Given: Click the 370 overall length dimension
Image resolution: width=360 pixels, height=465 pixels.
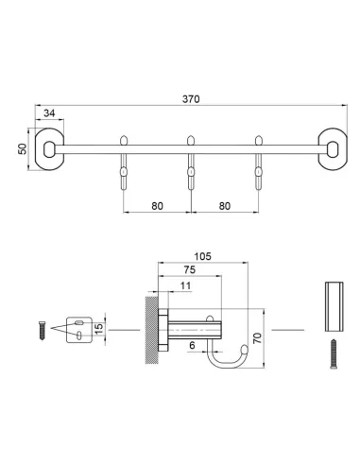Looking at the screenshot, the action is click(191, 99).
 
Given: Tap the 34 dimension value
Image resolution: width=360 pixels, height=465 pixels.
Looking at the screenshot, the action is click(49, 113).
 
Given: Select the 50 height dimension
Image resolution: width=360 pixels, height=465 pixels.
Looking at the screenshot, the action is click(23, 148).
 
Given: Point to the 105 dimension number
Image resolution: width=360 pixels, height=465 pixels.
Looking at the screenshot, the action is click(202, 256).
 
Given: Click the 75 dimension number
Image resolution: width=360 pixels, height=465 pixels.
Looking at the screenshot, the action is click(190, 269).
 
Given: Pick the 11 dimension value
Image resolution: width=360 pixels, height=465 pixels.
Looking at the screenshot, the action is click(185, 285).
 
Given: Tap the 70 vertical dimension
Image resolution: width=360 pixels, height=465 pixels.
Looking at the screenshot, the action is click(257, 338).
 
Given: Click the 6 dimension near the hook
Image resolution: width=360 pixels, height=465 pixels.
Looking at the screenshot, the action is click(192, 345).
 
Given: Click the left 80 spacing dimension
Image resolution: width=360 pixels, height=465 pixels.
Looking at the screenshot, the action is click(157, 206).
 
